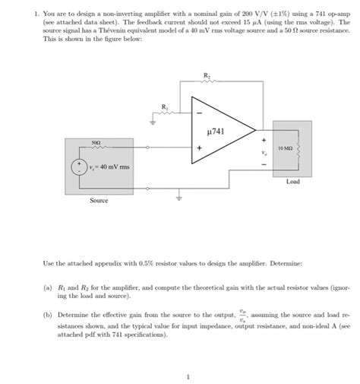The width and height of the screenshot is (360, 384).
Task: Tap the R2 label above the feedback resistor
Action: tap(207, 75)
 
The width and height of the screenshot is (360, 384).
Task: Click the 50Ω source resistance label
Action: tap(96, 141)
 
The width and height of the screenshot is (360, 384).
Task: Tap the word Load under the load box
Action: tap(293, 182)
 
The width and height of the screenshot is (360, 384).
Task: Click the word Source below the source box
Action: tap(99, 200)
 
